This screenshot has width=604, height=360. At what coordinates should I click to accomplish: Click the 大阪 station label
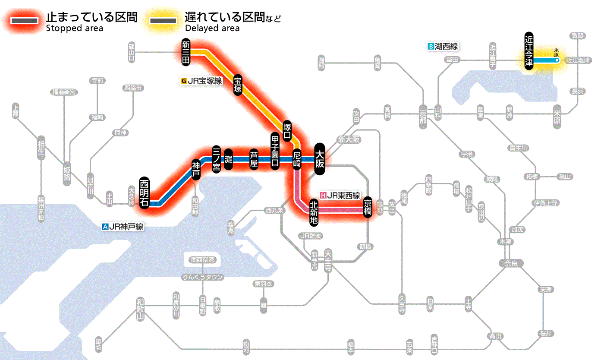(320, 159)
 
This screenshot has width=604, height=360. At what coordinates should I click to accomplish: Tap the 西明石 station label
(144, 193)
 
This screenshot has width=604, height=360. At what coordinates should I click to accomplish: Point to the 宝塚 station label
(237, 84)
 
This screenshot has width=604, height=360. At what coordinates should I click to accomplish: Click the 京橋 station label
(368, 206)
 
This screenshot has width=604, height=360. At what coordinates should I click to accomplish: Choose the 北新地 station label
(314, 212)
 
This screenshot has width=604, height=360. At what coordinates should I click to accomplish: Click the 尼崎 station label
(297, 159)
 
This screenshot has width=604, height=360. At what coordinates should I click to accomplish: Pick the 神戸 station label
(196, 169)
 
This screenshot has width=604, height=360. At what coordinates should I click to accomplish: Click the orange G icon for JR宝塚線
(184, 81)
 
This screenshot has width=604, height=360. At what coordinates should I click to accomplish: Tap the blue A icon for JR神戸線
(105, 226)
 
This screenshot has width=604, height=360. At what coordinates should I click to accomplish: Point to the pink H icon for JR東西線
(323, 195)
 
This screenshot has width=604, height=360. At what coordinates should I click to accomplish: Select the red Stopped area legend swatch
(26, 21)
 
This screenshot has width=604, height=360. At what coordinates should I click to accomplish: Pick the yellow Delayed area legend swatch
(163, 21)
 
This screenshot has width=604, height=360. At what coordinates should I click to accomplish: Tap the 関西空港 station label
(203, 260)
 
